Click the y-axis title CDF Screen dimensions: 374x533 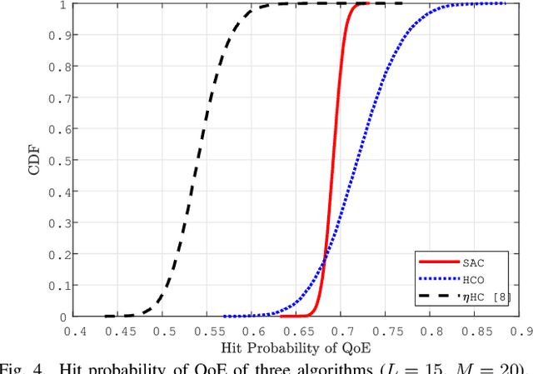[x=34, y=160]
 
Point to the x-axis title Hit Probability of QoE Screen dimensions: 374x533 [x=297, y=347]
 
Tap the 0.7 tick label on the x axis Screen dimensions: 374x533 [x=341, y=331]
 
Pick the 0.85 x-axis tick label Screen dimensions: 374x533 [x=474, y=331]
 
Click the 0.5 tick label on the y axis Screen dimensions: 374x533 [x=56, y=161]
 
